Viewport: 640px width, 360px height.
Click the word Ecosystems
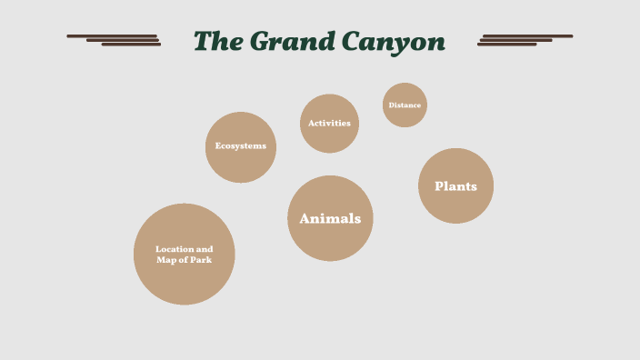[240, 145]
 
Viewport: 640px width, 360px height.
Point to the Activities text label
[329, 123]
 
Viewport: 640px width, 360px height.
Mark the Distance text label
[405, 105]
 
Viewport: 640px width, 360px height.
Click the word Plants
[455, 186]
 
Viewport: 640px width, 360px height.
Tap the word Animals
[330, 218]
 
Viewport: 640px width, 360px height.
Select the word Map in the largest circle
[167, 260]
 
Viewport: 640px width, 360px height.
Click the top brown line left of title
[112, 35]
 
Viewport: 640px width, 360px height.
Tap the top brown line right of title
[527, 35]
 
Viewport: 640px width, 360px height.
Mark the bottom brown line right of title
[507, 45]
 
